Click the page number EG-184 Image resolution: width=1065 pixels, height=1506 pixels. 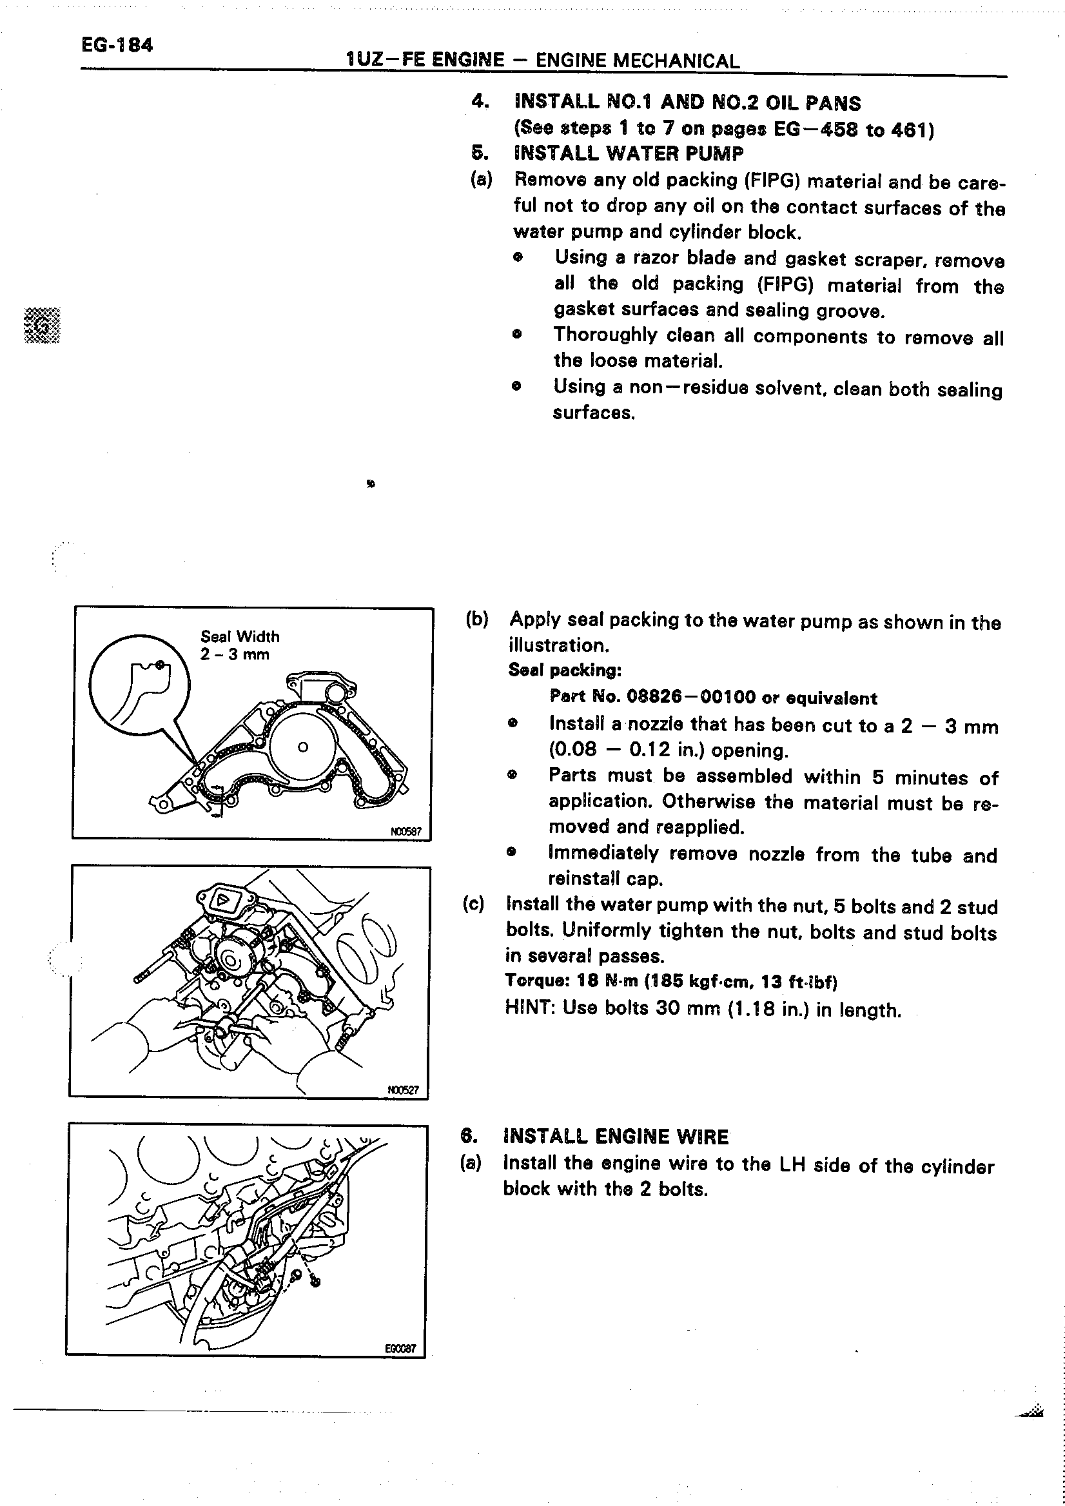click(117, 45)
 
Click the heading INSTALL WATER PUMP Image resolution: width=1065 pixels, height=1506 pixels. click(629, 153)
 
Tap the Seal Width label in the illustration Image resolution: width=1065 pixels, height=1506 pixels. click(239, 636)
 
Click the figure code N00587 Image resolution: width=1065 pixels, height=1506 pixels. click(406, 832)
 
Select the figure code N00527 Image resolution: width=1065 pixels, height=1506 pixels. click(403, 1090)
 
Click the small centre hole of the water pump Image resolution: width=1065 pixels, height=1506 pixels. click(302, 747)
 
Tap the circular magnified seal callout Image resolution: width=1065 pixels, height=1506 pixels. click(139, 684)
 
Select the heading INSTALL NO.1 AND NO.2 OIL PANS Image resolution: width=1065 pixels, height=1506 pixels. click(688, 103)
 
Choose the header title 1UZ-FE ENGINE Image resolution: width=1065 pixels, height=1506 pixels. click(425, 61)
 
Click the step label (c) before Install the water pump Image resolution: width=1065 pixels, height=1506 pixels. click(473, 905)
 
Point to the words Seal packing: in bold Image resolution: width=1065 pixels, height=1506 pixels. click(565, 670)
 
